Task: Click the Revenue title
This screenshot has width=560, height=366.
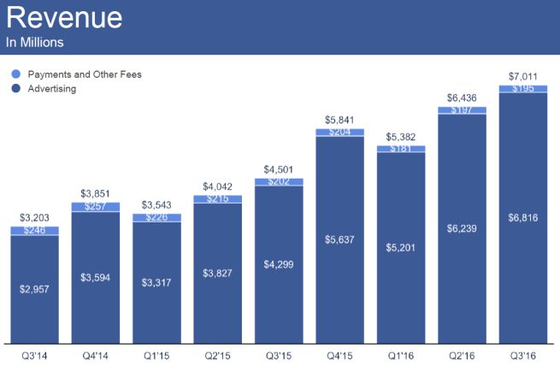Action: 64,18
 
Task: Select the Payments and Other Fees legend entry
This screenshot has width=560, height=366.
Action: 85,74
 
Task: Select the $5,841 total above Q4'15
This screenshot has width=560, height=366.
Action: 339,120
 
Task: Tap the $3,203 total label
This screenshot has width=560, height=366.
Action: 34,218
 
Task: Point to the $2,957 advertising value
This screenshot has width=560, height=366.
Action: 34,288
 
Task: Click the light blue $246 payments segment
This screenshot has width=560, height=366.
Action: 34,230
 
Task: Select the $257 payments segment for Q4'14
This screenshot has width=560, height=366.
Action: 96,207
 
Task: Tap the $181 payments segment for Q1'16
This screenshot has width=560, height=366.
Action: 400,148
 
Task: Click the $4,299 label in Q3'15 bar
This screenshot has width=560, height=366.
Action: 279,264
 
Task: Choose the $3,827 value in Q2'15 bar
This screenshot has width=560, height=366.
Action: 217,273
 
